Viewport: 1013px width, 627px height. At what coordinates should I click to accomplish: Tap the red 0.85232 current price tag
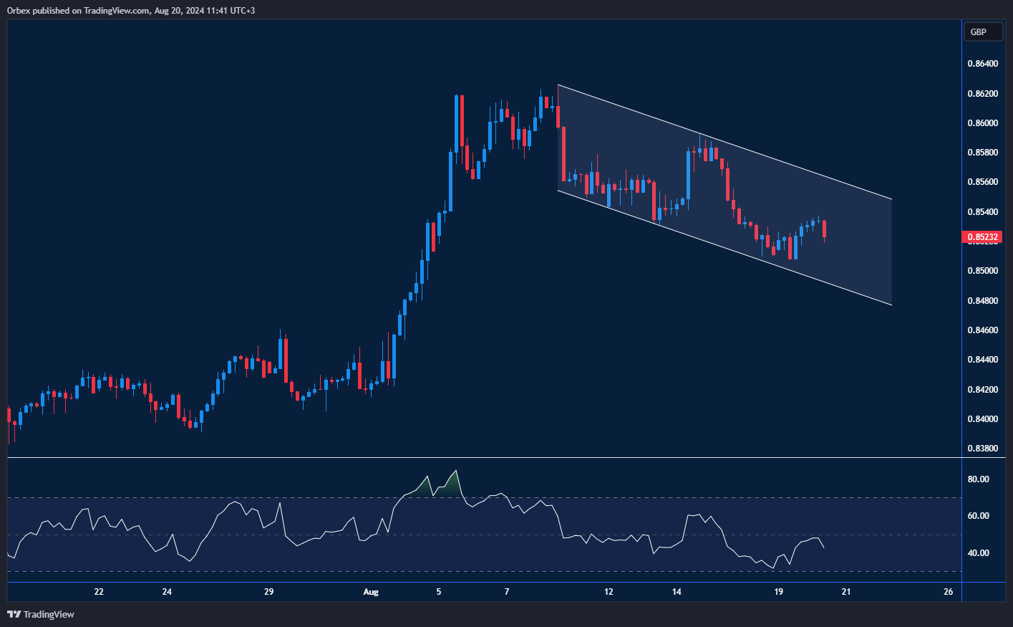[x=983, y=237]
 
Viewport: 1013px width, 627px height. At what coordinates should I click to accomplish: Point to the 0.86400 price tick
[x=982, y=64]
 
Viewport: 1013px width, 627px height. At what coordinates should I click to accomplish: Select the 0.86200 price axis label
[x=982, y=94]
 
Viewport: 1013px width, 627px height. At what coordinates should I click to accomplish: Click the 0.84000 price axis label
[x=982, y=419]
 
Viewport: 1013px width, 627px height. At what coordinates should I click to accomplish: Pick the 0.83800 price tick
[x=982, y=449]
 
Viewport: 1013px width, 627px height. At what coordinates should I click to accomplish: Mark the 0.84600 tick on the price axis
[x=982, y=330]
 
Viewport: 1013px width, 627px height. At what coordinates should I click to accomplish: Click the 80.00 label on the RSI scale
[x=978, y=479]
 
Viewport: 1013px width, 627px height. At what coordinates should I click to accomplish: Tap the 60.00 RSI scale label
[x=978, y=516]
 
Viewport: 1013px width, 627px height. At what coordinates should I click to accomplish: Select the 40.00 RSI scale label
[x=978, y=553]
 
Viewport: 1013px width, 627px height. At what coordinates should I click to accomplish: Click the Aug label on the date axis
[x=371, y=592]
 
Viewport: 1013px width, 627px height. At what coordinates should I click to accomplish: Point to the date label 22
[x=99, y=592]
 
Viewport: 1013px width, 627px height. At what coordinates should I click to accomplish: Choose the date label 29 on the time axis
[x=269, y=592]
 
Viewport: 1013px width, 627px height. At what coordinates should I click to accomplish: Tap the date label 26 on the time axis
[x=949, y=592]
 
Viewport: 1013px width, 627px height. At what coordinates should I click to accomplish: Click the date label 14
[x=677, y=592]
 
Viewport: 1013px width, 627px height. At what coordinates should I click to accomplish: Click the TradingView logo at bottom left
[x=41, y=614]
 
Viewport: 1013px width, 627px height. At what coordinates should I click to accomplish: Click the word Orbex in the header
[x=19, y=11]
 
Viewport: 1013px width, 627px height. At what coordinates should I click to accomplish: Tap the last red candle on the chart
[x=825, y=229]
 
